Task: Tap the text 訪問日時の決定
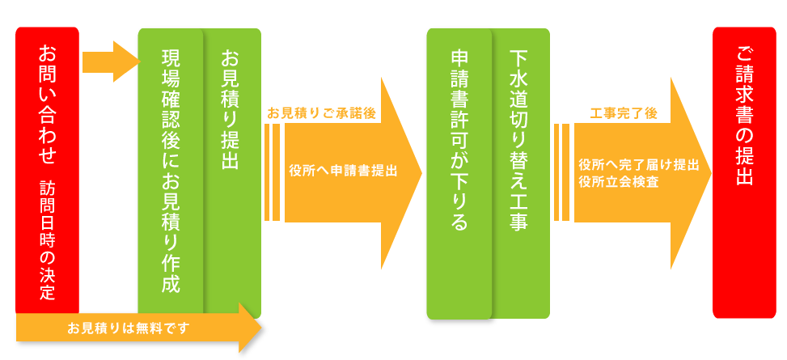tap(48, 240)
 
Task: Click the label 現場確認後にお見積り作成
tap(171, 170)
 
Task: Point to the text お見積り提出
tap(231, 110)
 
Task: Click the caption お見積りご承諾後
tap(321, 113)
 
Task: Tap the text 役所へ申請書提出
tap(343, 172)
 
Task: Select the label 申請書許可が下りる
tap(459, 141)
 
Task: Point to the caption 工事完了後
tap(623, 113)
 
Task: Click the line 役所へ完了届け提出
tap(638, 164)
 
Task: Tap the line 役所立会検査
tap(618, 182)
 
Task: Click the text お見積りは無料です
tap(129, 328)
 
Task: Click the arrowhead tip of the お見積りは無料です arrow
tap(260, 328)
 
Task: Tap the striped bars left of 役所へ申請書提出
tap(273, 173)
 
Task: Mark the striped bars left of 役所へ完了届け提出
tap(562, 172)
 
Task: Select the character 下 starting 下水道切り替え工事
tap(518, 59)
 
